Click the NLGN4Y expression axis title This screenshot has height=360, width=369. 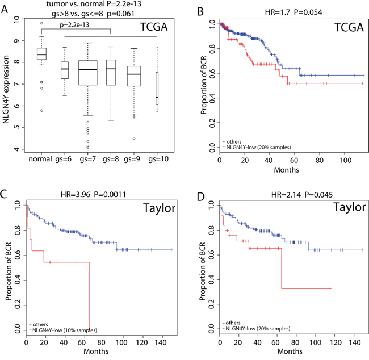[7, 85]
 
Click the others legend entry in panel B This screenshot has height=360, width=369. [233, 141]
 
